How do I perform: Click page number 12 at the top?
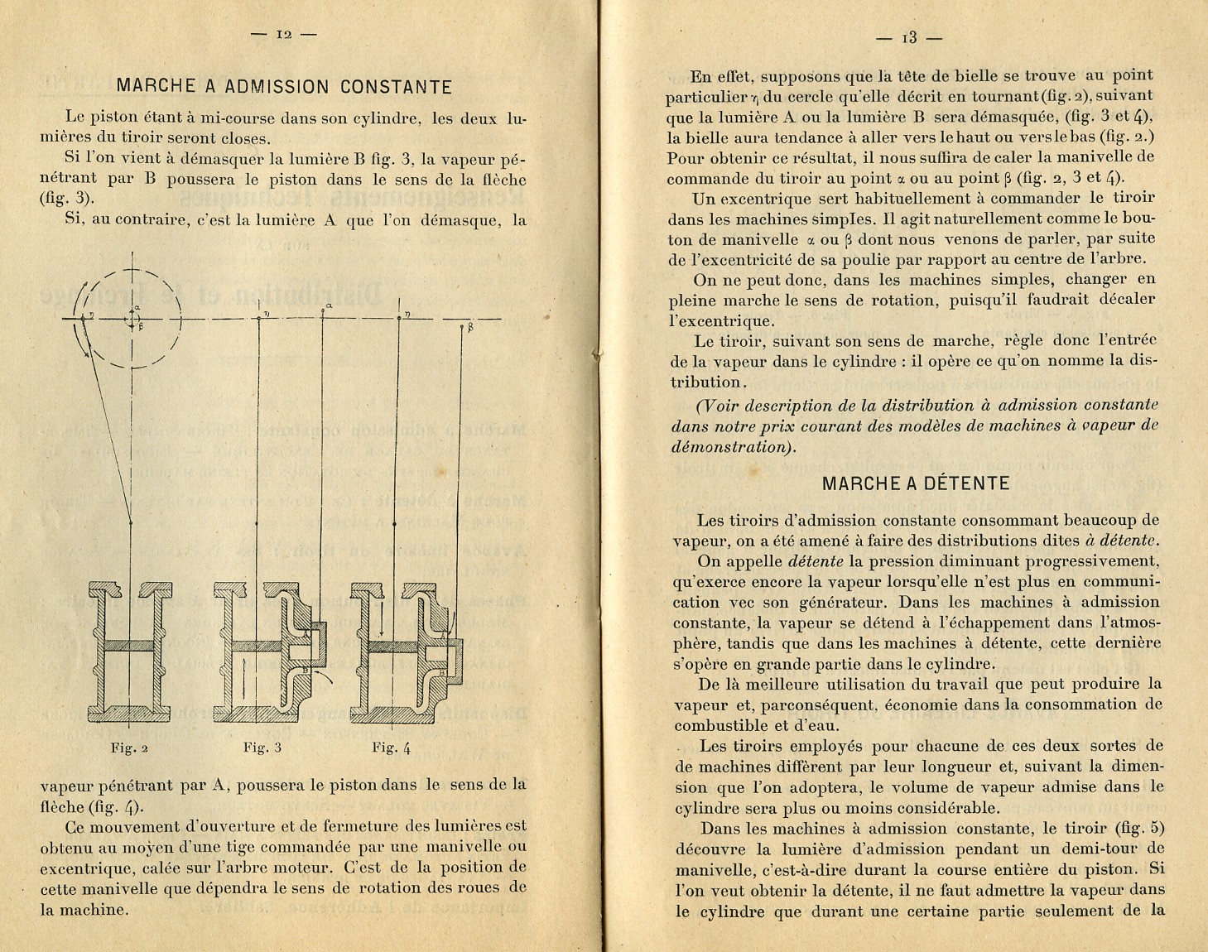click(284, 34)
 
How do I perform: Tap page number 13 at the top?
click(909, 37)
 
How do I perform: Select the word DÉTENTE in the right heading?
click(963, 483)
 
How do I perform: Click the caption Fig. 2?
click(129, 748)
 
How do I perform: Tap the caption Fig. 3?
click(262, 748)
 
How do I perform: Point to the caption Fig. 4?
click(392, 748)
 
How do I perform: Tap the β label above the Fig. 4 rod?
click(469, 327)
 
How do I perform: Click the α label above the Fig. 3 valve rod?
click(329, 306)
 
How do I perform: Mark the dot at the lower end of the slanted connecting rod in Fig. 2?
click(131, 523)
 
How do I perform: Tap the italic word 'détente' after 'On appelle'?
click(815, 561)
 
